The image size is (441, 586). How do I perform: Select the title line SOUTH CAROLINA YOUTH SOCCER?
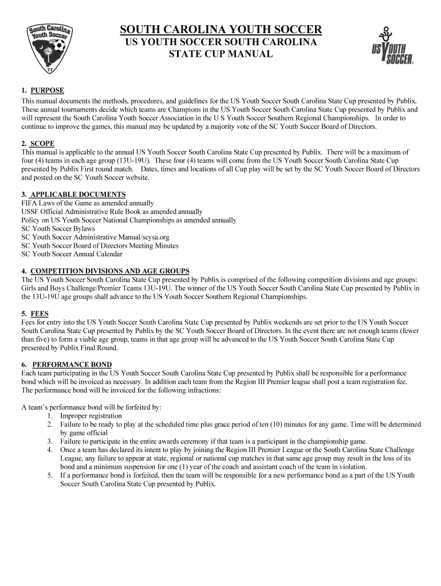click(x=220, y=30)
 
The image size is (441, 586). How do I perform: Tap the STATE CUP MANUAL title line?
click(x=220, y=54)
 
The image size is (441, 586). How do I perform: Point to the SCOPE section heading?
click(x=42, y=144)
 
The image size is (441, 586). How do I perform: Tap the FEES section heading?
click(x=40, y=314)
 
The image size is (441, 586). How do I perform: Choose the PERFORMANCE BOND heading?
click(x=72, y=365)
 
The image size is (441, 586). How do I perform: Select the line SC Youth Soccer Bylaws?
click(x=58, y=228)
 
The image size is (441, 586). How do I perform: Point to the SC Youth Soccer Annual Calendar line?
click(x=72, y=254)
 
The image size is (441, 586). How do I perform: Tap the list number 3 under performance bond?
click(x=50, y=441)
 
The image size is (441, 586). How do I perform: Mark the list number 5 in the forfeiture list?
click(x=50, y=475)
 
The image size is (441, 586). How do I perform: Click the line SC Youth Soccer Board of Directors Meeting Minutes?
click(x=100, y=246)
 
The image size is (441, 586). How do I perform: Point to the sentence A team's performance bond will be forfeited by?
click(x=91, y=407)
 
